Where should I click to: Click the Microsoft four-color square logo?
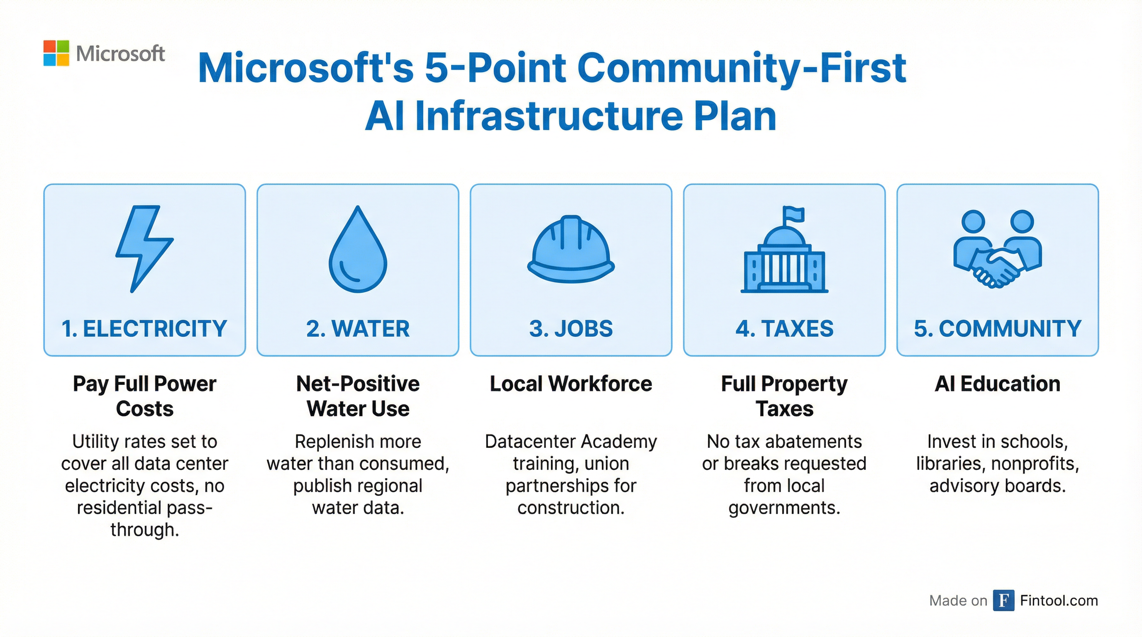tap(56, 53)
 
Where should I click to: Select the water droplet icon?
tap(358, 249)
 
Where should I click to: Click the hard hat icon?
tap(571, 249)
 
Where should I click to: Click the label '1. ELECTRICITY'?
tap(144, 329)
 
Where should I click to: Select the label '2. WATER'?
tap(358, 329)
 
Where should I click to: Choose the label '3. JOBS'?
tap(571, 329)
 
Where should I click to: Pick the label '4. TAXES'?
tap(784, 329)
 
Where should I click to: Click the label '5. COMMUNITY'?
tap(998, 329)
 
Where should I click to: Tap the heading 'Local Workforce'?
tap(571, 384)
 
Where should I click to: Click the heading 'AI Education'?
tap(998, 384)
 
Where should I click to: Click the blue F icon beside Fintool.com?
tap(1004, 601)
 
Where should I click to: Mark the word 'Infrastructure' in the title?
tap(550, 116)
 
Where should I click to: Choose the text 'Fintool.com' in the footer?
tap(1059, 601)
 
